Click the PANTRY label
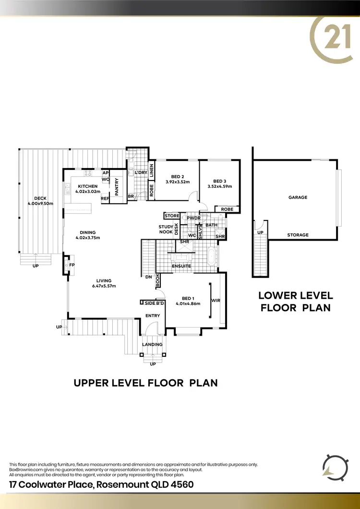(x=116, y=186)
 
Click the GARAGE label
(x=298, y=197)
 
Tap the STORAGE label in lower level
(x=298, y=235)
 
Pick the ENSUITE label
(x=181, y=266)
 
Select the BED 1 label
(x=185, y=301)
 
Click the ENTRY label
(x=153, y=315)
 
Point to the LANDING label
(x=153, y=344)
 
